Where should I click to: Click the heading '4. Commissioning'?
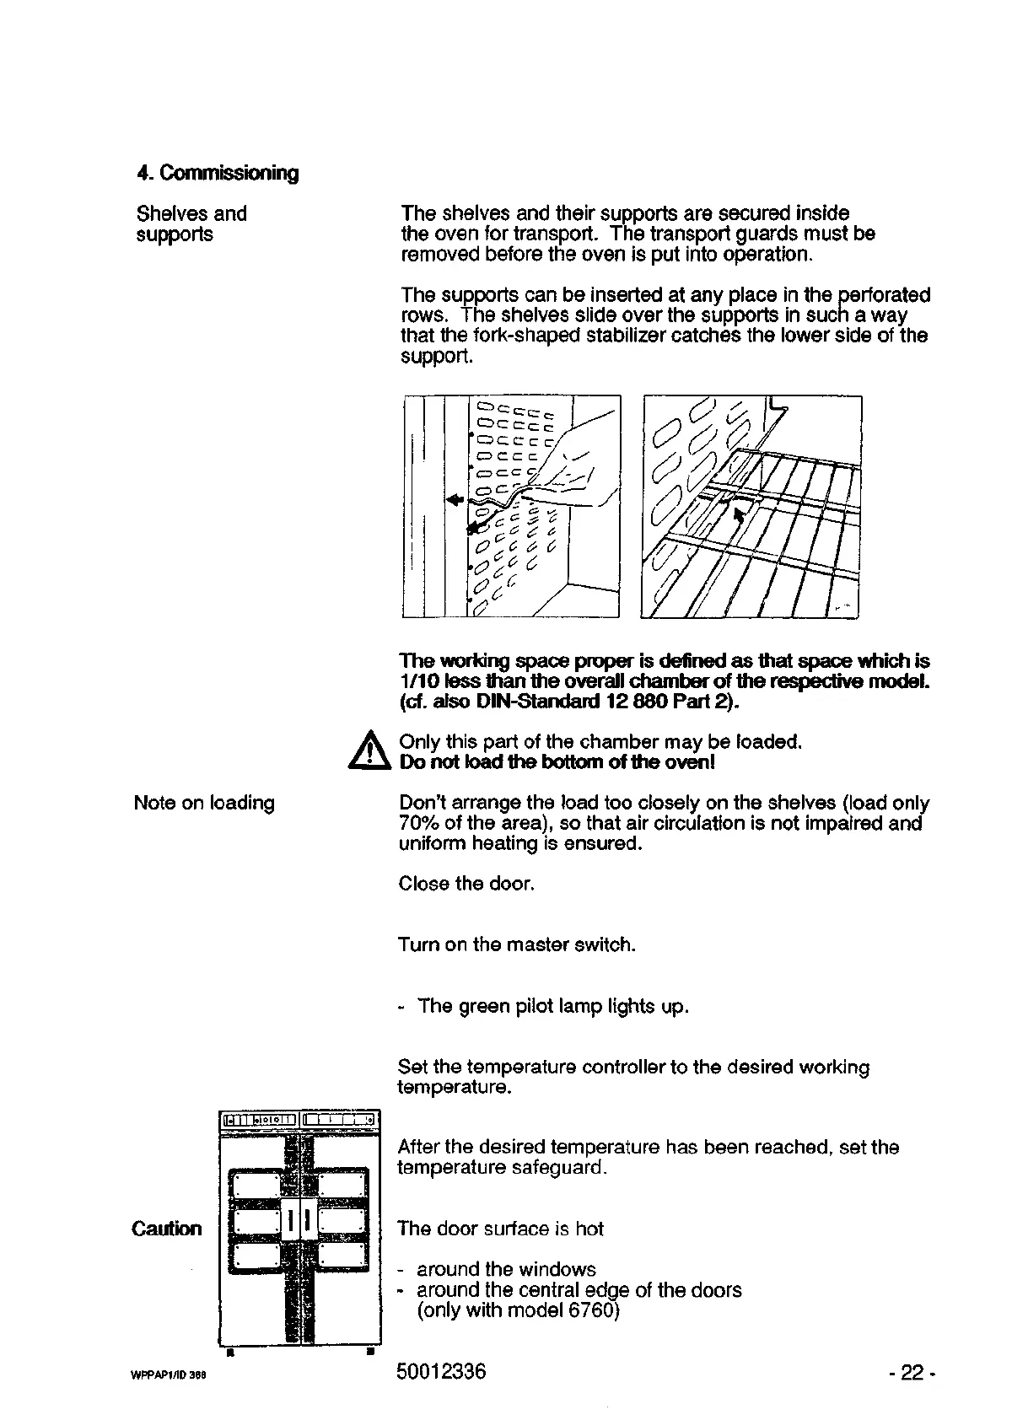(x=218, y=173)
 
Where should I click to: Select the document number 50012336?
(x=441, y=1372)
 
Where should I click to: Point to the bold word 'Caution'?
(x=167, y=1229)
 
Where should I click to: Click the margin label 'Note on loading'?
(x=204, y=803)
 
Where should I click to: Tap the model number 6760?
(x=592, y=1310)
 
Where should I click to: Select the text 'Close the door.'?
(x=466, y=884)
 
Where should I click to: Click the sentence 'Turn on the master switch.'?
(x=516, y=944)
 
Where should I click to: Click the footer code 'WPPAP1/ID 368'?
(x=169, y=1374)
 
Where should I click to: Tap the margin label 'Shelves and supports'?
(x=191, y=223)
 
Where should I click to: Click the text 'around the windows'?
(x=506, y=1269)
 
